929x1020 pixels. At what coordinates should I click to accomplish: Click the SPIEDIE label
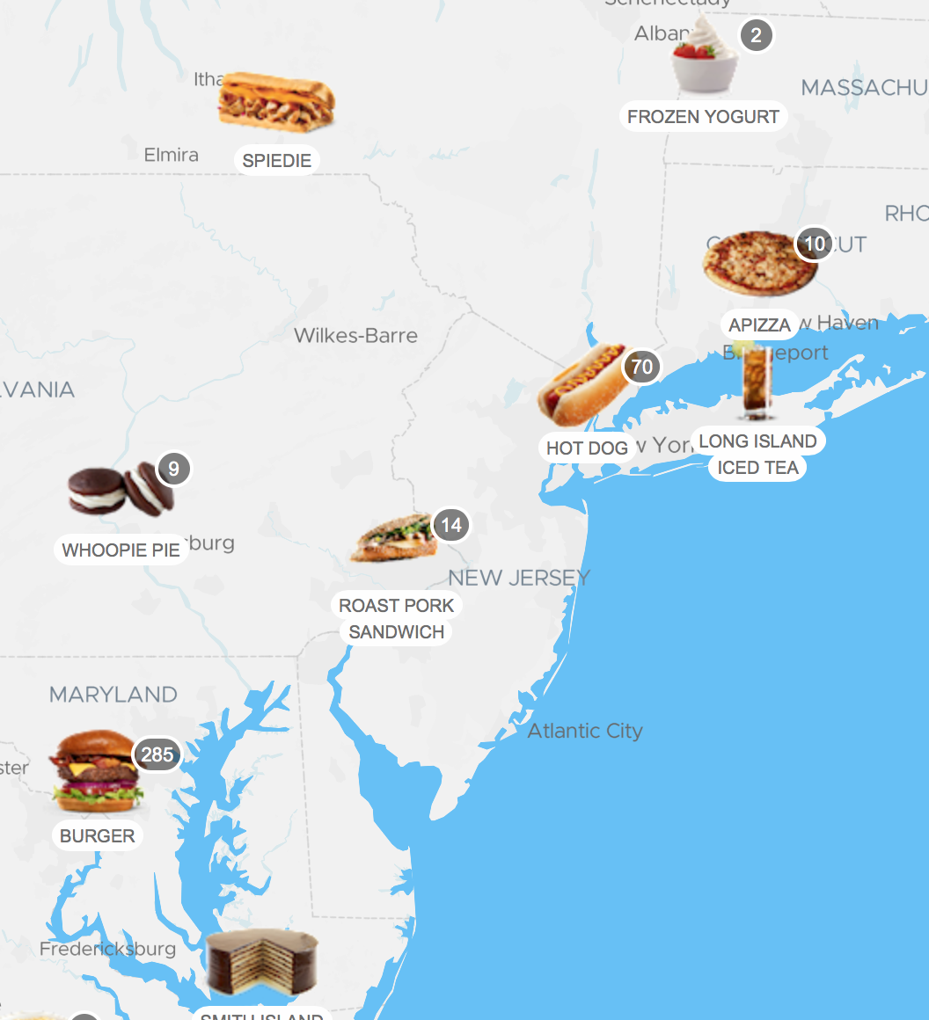(277, 161)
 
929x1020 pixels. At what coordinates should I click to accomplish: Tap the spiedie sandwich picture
(277, 102)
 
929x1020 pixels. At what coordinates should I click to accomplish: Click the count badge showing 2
(756, 37)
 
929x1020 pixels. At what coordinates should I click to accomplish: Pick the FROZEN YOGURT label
(703, 117)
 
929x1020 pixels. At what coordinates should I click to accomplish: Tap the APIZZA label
(759, 325)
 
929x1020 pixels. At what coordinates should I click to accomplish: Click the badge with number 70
(642, 367)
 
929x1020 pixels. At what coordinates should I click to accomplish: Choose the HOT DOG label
(587, 448)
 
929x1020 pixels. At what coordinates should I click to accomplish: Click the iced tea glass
(756, 384)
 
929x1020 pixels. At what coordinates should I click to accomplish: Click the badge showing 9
(173, 469)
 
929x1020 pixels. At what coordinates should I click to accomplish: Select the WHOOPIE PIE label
(121, 550)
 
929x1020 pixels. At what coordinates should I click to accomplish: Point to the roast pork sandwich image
(395, 539)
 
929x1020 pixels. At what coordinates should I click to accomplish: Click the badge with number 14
(450, 526)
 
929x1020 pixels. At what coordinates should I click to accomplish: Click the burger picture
(95, 772)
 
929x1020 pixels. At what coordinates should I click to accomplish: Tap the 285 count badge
(157, 754)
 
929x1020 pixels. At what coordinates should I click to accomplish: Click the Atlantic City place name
(585, 731)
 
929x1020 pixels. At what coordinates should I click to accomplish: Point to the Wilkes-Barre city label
(355, 335)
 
